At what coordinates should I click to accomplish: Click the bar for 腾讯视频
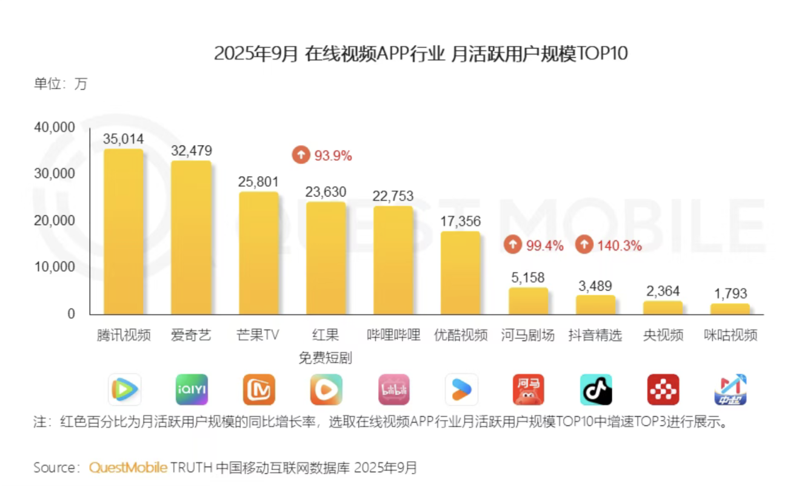124,232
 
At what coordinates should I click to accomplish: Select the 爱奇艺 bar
191,238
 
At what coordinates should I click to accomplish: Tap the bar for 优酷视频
460,272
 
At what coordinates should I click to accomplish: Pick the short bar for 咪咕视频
730,309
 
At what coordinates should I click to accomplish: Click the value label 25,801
258,181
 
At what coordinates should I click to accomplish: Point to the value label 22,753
393,195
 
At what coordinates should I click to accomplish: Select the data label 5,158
527,277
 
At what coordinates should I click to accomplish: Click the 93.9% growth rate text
333,155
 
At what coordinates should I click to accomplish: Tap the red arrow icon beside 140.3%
584,245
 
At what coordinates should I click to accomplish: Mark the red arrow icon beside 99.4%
512,245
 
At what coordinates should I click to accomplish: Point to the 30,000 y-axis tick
54,174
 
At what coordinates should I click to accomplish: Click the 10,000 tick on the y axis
54,267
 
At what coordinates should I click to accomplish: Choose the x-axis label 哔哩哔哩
393,335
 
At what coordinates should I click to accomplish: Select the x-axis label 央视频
663,335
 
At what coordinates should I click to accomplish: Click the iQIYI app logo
192,390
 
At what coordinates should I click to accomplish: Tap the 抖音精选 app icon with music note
596,390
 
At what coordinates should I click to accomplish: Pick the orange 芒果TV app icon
259,390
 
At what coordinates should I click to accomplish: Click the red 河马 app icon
528,390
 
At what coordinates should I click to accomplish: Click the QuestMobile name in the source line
128,468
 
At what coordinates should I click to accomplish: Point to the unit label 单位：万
61,84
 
